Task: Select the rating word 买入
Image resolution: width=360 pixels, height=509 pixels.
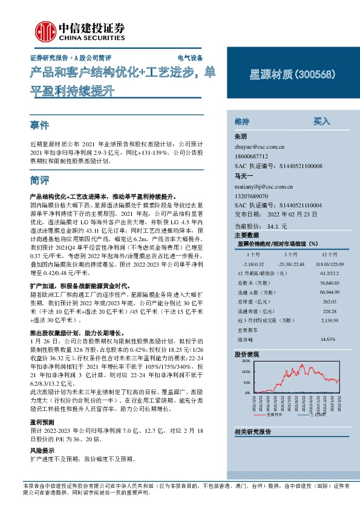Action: tap(321, 121)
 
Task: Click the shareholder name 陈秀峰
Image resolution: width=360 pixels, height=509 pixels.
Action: tap(244, 339)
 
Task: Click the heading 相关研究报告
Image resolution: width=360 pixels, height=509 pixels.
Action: tap(252, 432)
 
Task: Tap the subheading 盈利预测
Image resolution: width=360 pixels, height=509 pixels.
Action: tap(42, 421)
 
